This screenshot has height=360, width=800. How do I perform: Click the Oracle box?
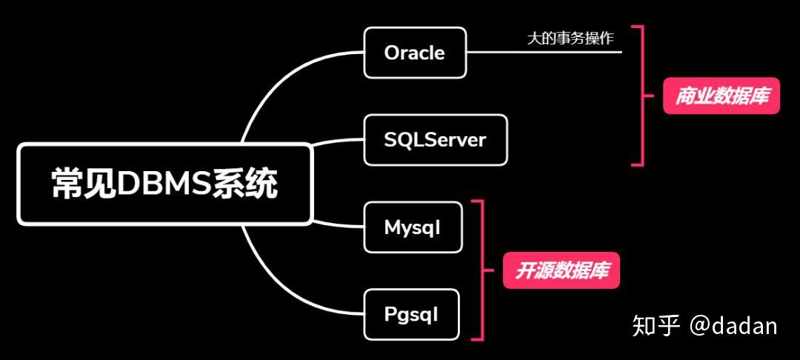pyautogui.click(x=415, y=53)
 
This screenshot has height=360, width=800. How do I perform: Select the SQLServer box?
pyautogui.click(x=436, y=140)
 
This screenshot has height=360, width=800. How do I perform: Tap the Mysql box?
pyautogui.click(x=413, y=227)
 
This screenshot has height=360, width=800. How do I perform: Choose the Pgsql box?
pyautogui.click(x=411, y=315)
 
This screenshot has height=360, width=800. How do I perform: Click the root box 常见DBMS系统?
pyautogui.click(x=164, y=184)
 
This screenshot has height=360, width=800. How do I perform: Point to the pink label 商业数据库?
pyautogui.click(x=721, y=96)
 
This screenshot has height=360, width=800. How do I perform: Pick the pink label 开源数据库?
pyautogui.click(x=561, y=270)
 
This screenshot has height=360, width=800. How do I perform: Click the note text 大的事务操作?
pyautogui.click(x=570, y=39)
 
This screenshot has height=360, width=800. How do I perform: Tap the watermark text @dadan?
pyautogui.click(x=733, y=325)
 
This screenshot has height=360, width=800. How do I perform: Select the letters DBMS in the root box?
pyautogui.click(x=164, y=184)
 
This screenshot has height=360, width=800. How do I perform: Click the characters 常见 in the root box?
pyautogui.click(x=84, y=184)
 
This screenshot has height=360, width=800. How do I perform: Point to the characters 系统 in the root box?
pyautogui.click(x=245, y=184)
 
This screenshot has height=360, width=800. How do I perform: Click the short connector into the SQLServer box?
pyautogui.click(x=338, y=141)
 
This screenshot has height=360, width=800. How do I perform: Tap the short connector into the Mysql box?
pyautogui.click(x=338, y=224)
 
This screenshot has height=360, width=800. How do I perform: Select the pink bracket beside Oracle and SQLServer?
pyautogui.click(x=642, y=96)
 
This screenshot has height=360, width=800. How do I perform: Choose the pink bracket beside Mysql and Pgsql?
pyautogui.click(x=482, y=270)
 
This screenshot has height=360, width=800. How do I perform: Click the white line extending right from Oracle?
pyautogui.click(x=544, y=52)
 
